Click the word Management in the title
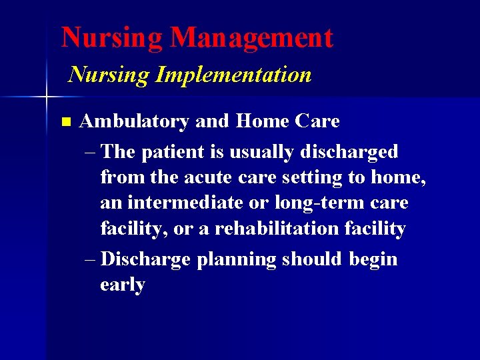[x=251, y=37]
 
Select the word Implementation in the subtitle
[x=233, y=75]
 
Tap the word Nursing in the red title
[x=112, y=37]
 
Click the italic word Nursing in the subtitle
[x=109, y=75]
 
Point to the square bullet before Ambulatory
[x=65, y=122]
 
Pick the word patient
[x=172, y=152]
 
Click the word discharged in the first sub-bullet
[x=349, y=152]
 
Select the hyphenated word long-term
[x=322, y=203]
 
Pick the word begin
[x=373, y=259]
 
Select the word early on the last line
[x=122, y=285]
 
